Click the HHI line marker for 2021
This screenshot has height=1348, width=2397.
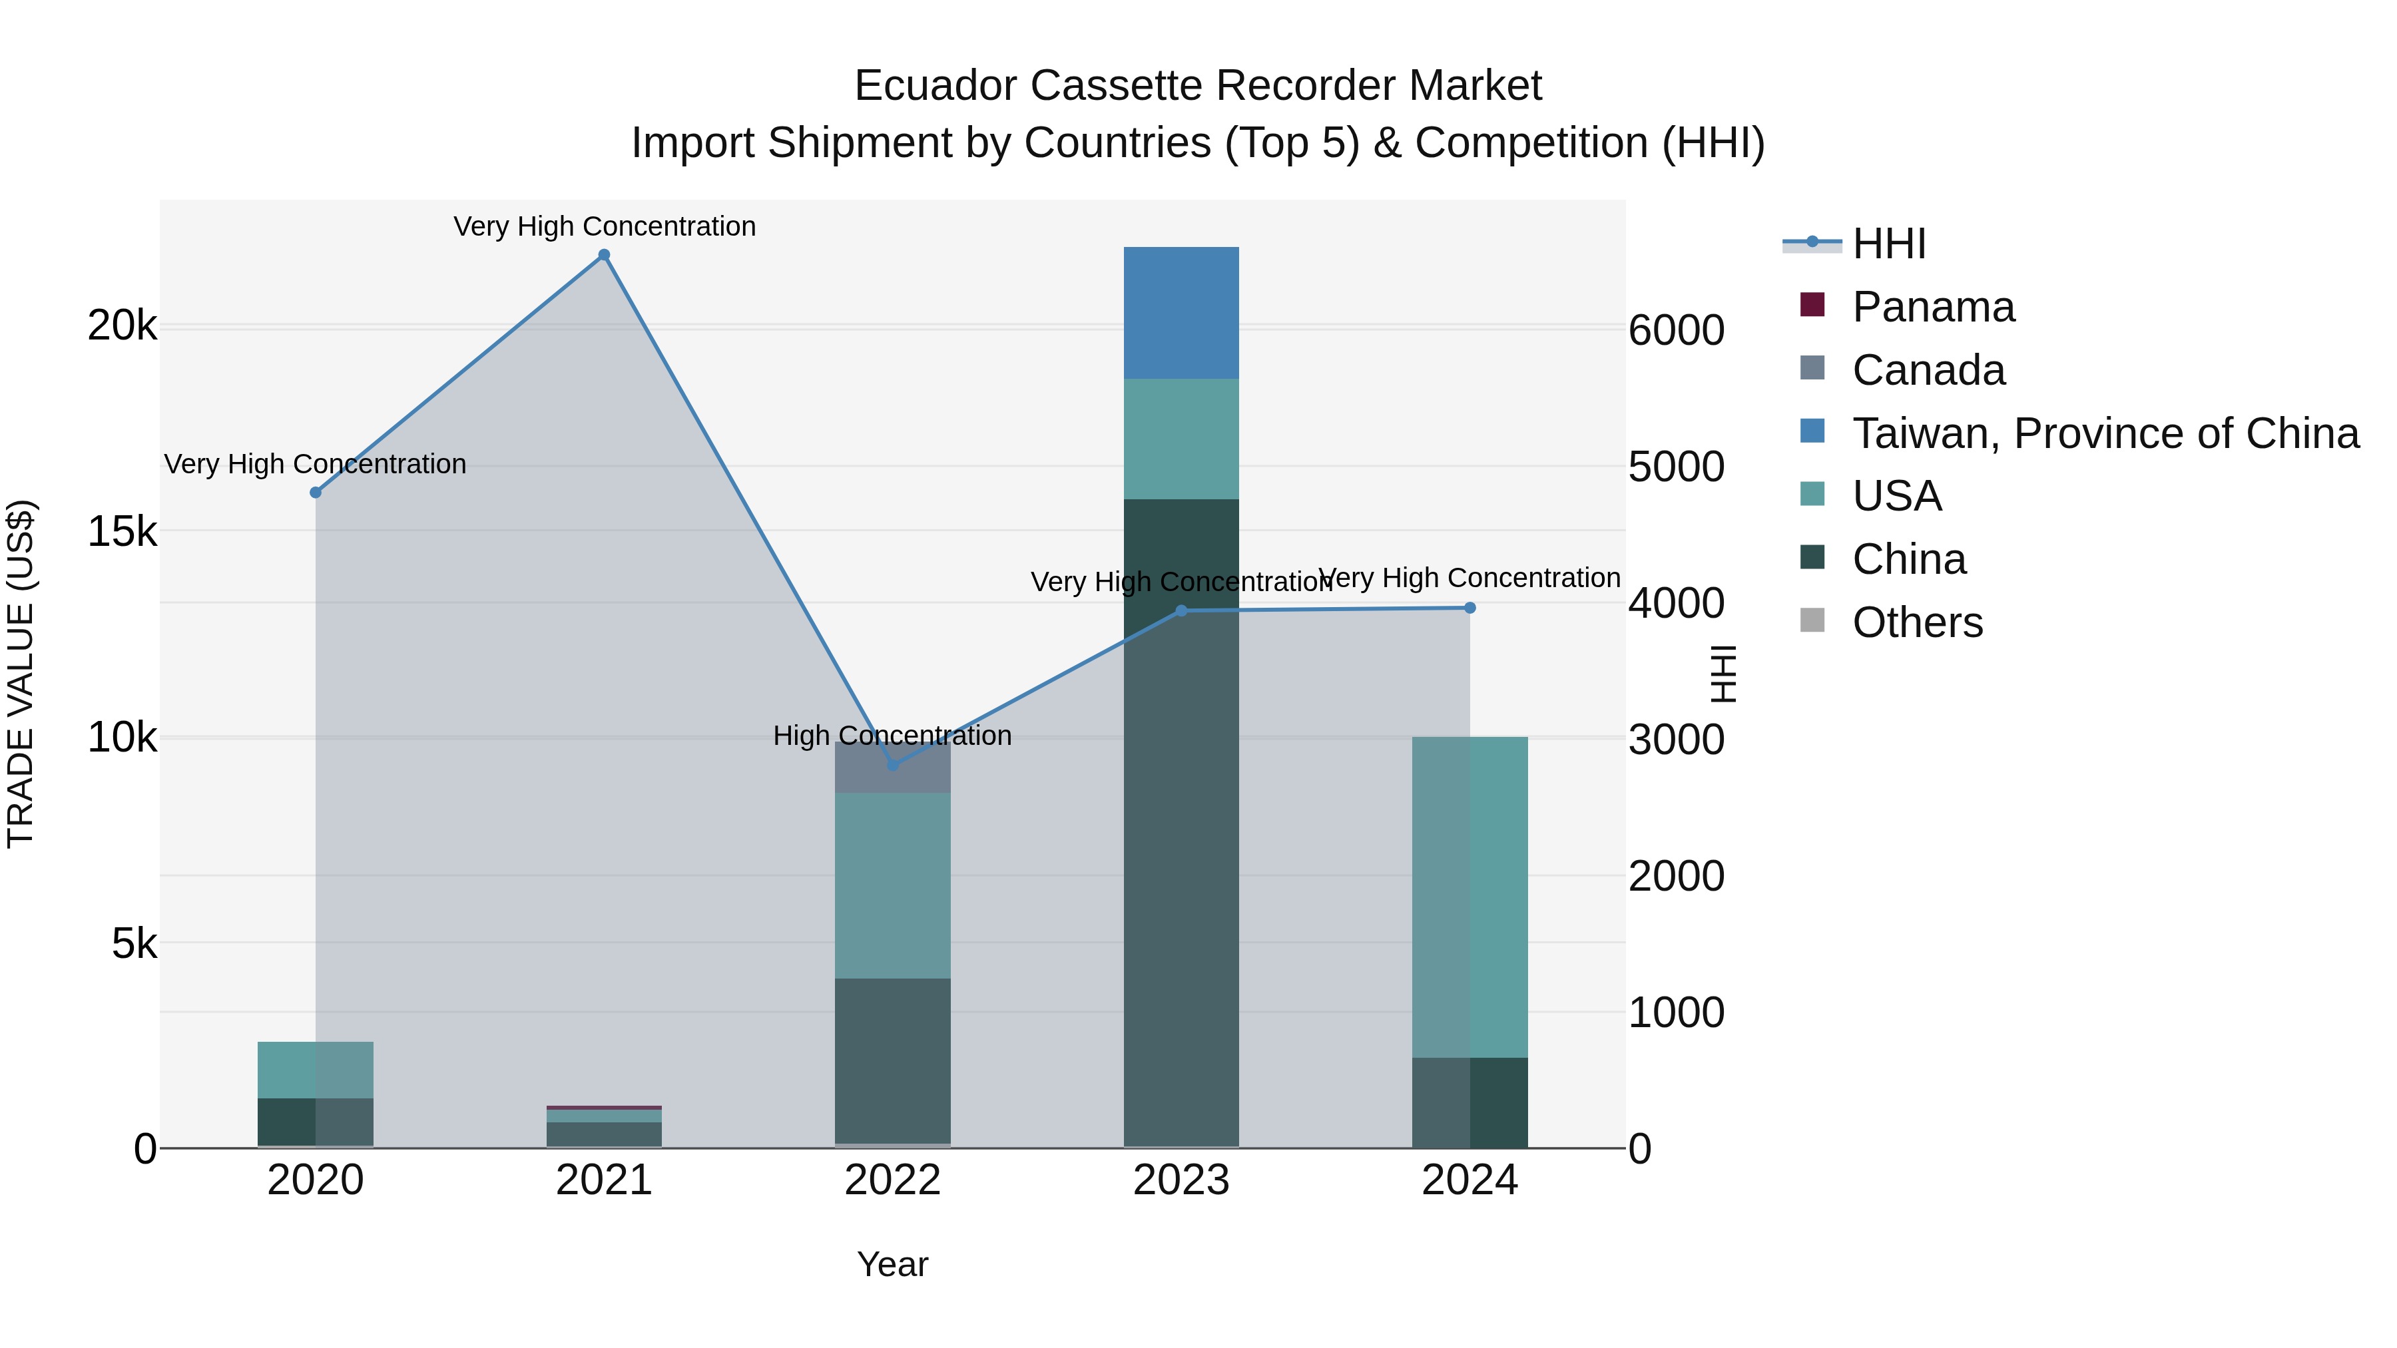604,255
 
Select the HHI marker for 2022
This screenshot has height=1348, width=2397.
892,765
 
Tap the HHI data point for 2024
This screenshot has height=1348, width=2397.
1469,608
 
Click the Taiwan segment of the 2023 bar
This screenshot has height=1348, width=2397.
1181,313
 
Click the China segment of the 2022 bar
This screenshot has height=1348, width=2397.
892,1060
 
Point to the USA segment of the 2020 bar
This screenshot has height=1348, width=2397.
316,1070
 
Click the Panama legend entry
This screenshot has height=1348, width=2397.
1933,307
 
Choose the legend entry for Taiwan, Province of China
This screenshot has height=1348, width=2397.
2105,433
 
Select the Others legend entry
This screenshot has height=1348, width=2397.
1917,622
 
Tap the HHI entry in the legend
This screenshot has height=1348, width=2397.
1888,244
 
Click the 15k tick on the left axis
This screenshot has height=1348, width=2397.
122,532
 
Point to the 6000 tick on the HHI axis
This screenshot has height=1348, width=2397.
1676,330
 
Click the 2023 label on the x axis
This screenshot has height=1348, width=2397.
1181,1180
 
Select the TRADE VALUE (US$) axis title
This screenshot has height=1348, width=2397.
21,674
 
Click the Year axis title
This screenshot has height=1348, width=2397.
892,1264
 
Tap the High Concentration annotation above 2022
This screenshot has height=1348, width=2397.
892,735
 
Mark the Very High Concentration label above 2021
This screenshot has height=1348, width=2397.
604,226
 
